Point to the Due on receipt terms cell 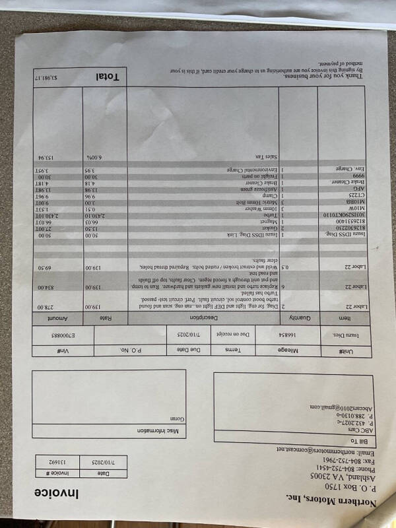238,335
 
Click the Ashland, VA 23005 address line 336,476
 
